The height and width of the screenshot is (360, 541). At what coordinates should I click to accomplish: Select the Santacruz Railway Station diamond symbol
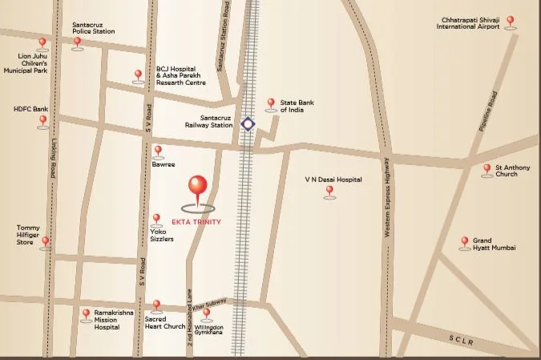coord(248,124)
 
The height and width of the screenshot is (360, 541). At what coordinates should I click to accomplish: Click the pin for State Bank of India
coord(270,104)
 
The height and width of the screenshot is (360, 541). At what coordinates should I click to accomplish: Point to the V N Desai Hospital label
coord(333,180)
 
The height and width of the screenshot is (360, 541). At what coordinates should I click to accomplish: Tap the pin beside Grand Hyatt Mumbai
coord(464,242)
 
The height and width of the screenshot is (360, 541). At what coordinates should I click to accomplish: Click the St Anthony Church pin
coord(486,169)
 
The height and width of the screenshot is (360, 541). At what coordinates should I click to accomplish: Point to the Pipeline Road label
coord(488,111)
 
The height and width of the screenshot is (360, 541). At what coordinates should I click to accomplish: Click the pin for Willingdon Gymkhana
coord(207,313)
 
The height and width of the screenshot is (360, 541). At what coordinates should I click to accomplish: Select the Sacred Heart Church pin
coord(156,306)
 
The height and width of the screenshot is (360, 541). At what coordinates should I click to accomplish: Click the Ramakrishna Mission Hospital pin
coord(86,314)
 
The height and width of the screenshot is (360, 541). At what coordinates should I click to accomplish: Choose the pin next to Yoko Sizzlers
coord(156,219)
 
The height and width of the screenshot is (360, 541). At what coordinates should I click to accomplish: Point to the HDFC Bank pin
coord(43,121)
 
